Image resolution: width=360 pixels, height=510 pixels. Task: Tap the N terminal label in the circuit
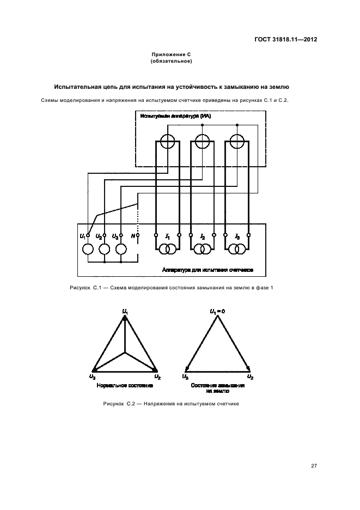(133, 235)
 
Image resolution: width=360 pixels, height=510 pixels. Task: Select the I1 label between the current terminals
(168, 236)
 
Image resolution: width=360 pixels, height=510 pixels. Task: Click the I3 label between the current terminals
(237, 236)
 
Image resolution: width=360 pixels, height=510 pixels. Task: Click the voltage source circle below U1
(88, 250)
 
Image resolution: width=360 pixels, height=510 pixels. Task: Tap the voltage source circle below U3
(120, 250)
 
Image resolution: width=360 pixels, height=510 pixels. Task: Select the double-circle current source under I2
(202, 250)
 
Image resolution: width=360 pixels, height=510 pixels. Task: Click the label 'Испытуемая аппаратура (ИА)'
(175, 117)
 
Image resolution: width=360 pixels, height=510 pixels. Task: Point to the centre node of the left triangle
(126, 353)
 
